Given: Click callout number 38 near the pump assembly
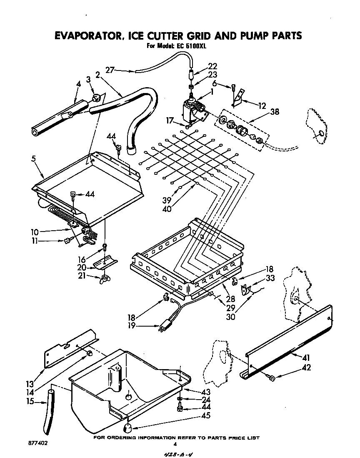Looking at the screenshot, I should pos(274,112).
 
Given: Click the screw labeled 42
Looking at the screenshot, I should pos(271,378).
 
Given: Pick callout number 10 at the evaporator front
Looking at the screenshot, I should pos(35,230).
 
